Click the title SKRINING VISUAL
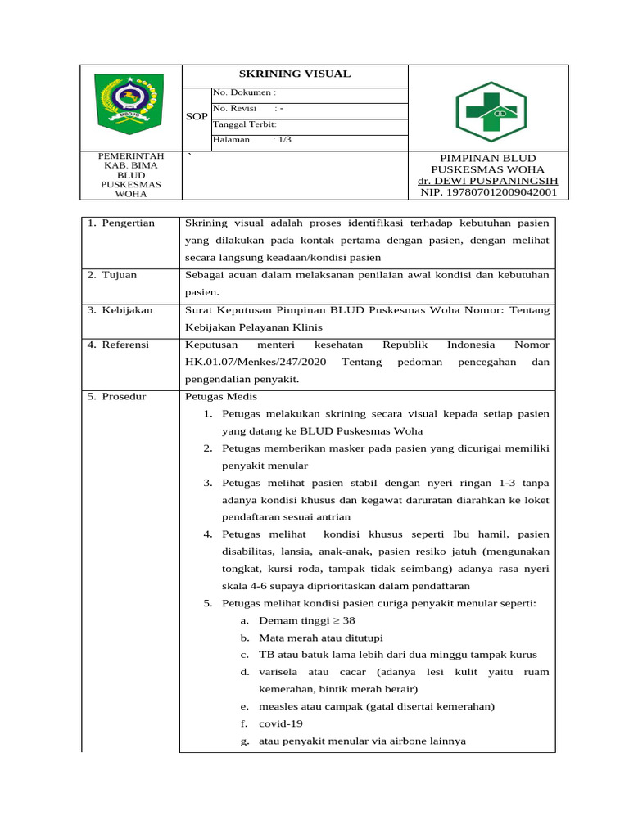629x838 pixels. click(x=294, y=74)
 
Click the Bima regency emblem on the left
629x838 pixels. click(x=129, y=104)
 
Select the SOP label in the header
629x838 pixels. click(x=197, y=117)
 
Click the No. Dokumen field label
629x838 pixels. click(x=244, y=93)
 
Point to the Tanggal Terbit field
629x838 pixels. click(x=245, y=124)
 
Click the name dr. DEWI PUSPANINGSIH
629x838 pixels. click(x=487, y=181)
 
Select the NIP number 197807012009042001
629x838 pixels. click(x=487, y=192)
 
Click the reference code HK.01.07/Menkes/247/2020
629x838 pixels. click(x=254, y=362)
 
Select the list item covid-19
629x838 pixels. click(x=280, y=724)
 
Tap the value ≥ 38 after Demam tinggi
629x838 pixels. click(x=344, y=621)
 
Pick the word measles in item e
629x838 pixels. click(x=278, y=707)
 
